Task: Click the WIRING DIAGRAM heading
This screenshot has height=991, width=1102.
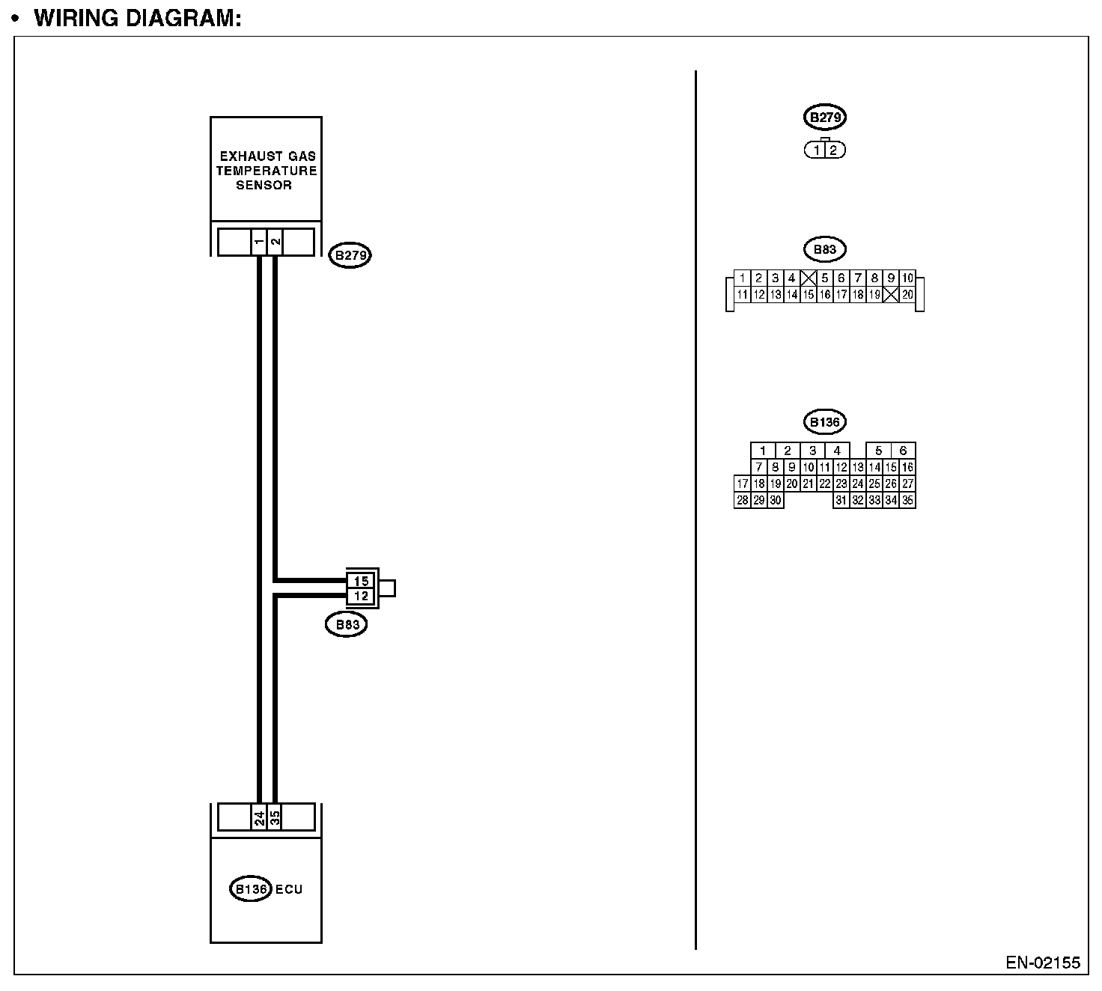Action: [x=138, y=18]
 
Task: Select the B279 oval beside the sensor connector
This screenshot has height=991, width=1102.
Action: [x=350, y=255]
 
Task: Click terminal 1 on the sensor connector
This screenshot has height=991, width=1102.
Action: [x=258, y=242]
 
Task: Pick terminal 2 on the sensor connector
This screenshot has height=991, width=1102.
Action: [x=275, y=242]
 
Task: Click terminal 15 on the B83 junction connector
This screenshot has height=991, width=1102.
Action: [x=361, y=581]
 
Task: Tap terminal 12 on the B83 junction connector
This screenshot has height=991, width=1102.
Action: [x=361, y=596]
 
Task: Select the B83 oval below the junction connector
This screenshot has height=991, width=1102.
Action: [x=346, y=624]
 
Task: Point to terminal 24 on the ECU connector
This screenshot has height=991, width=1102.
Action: [x=258, y=817]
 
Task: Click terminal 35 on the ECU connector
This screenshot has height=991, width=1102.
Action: [x=275, y=817]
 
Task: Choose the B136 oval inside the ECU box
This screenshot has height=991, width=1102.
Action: [x=250, y=889]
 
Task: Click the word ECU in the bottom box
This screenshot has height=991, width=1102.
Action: [x=289, y=889]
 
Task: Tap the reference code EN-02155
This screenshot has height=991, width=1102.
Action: [x=1043, y=963]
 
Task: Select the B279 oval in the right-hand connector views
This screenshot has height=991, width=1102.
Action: [x=824, y=118]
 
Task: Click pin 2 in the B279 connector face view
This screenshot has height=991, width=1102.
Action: [x=833, y=150]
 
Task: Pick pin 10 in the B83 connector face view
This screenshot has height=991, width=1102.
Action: [x=907, y=278]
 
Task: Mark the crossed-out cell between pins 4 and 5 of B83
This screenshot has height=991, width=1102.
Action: [x=808, y=278]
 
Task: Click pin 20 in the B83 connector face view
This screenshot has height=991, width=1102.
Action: [x=907, y=295]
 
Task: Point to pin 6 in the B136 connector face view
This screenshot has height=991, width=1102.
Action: [x=903, y=451]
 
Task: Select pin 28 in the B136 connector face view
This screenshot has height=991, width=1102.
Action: [x=742, y=501]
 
